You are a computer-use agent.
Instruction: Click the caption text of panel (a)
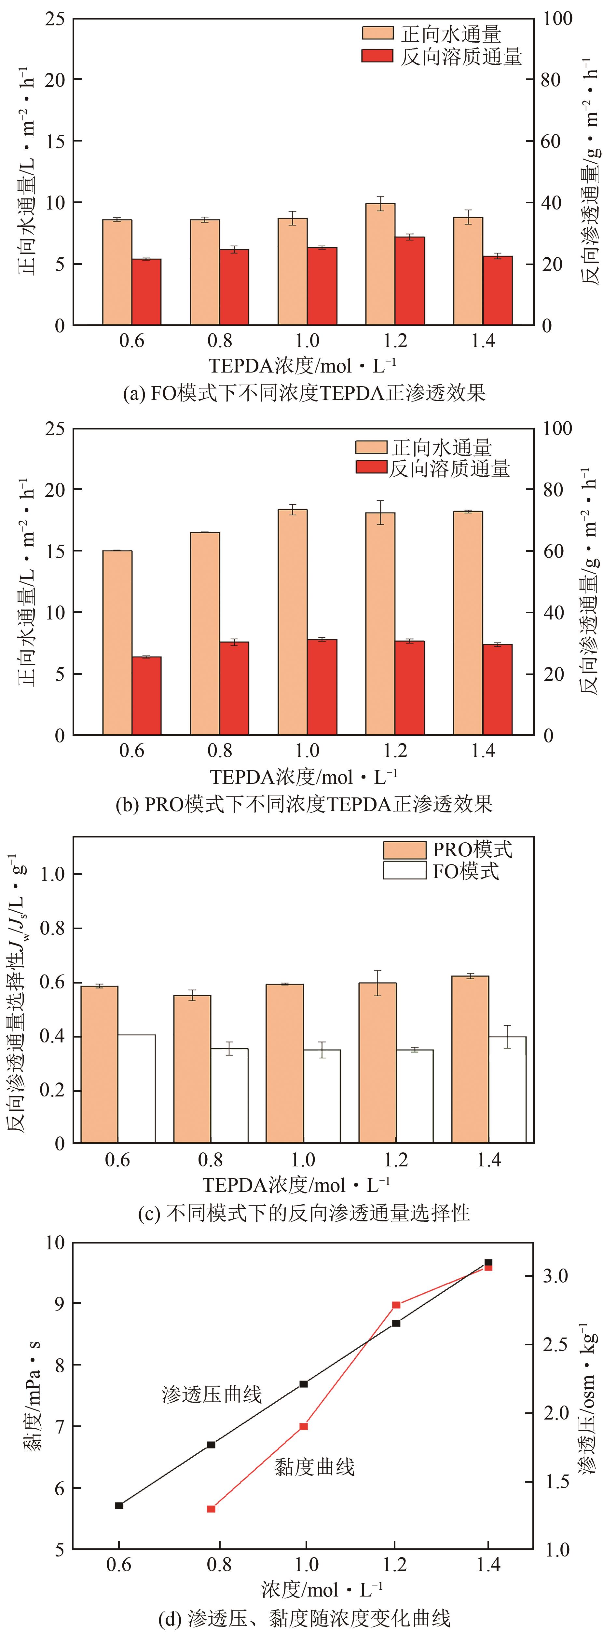click(x=304, y=392)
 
